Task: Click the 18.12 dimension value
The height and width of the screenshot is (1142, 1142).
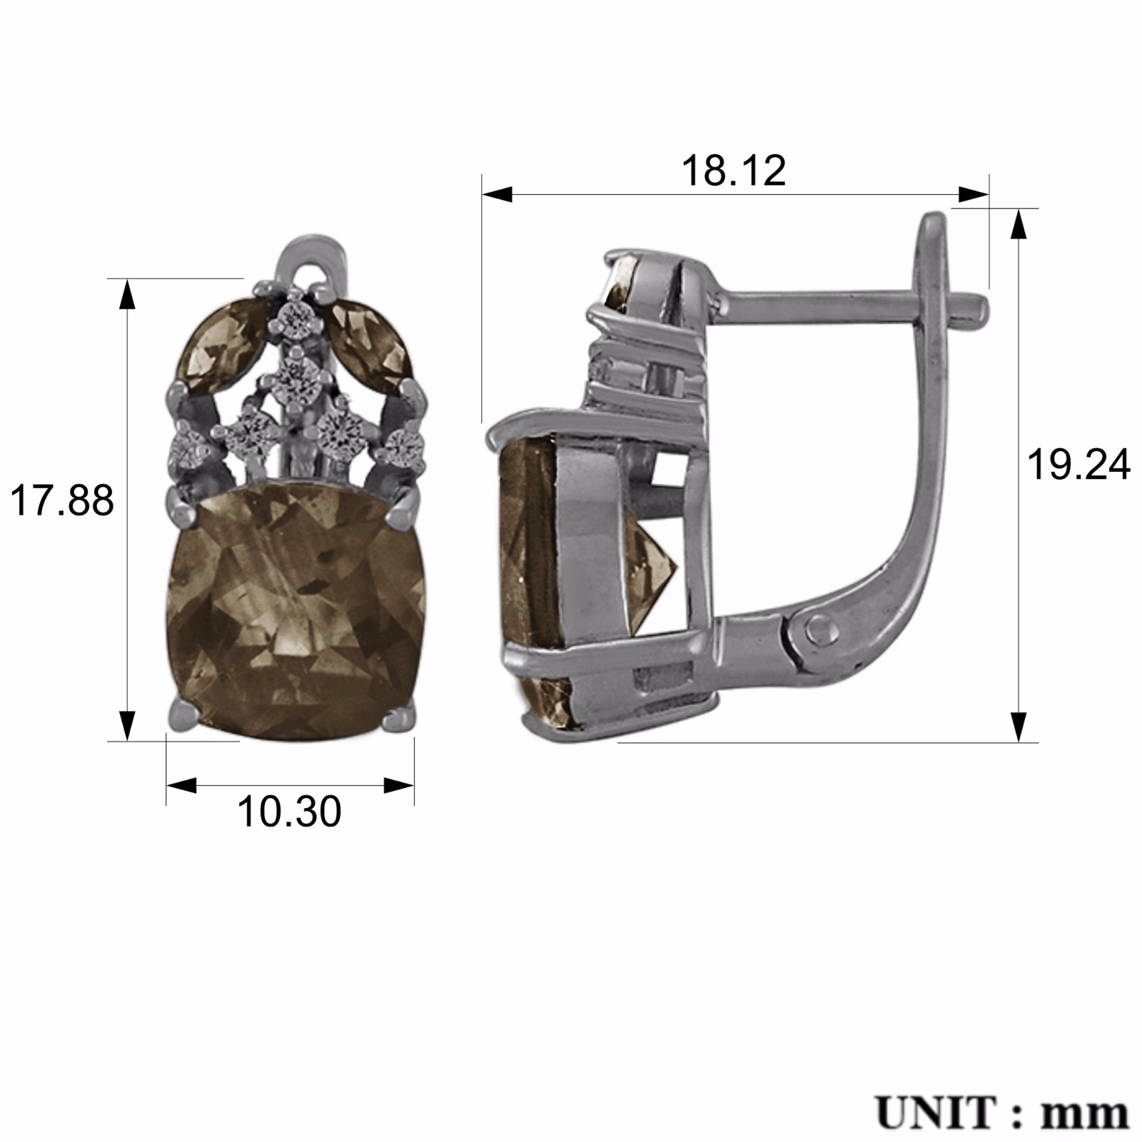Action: coord(734,171)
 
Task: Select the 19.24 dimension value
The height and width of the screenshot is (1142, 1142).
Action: coord(1078,465)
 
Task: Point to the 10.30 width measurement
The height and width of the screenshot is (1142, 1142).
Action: coord(289,812)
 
